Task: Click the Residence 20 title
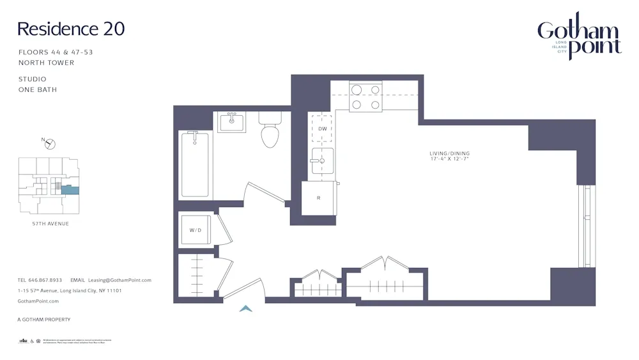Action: (71, 29)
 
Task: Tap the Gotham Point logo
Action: (579, 37)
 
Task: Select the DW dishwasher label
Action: (322, 129)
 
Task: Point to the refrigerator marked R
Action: (318, 198)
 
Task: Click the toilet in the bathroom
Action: (269, 130)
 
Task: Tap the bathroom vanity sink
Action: (231, 121)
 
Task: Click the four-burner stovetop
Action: (366, 97)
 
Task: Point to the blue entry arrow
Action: (245, 309)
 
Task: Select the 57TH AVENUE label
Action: (50, 224)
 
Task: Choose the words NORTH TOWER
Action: (46, 63)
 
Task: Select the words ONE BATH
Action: (38, 90)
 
